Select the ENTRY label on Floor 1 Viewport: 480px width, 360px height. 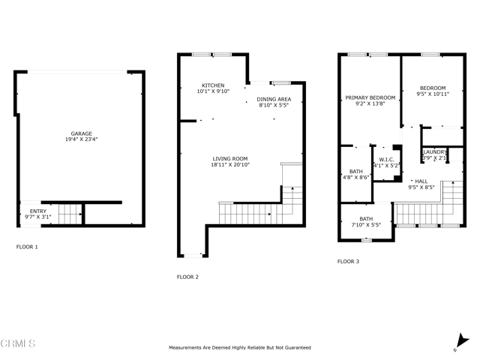coord(37,211)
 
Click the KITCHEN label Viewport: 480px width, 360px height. coord(213,85)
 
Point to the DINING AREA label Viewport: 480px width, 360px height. coord(274,99)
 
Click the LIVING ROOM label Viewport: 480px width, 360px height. coord(230,158)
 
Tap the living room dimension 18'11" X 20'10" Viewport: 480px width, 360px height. coord(230,164)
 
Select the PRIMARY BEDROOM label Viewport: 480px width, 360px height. coord(370,98)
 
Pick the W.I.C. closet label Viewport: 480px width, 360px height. coord(387,159)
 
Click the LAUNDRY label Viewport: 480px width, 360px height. coord(434,152)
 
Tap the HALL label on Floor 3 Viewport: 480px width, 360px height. coord(421,181)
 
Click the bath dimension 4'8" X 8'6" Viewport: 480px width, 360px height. coord(355,178)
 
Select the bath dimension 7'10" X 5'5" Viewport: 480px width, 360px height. coord(365,224)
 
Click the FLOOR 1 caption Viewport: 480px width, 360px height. coord(27,247)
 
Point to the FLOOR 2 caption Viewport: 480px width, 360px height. coord(187,277)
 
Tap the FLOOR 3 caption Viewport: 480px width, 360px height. coord(348,262)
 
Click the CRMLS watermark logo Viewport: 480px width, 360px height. coord(18,344)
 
